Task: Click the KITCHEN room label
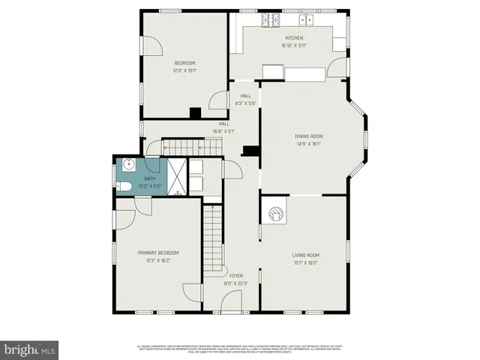click(293, 37)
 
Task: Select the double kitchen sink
click(306, 19)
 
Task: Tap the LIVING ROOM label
click(305, 255)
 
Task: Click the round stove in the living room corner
click(276, 213)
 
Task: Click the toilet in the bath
click(125, 186)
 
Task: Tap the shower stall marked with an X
click(177, 178)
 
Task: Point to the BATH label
click(150, 178)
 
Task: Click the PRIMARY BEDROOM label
click(157, 253)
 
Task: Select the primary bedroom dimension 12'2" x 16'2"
click(157, 260)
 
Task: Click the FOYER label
click(236, 276)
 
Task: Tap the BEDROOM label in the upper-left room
click(184, 63)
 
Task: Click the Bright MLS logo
click(30, 349)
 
